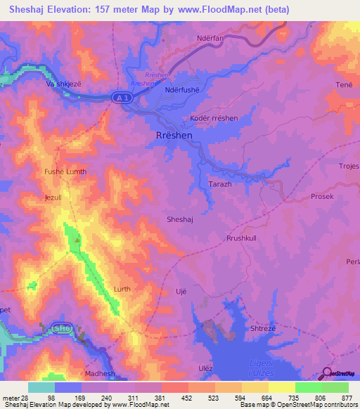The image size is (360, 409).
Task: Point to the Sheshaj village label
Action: (180, 219)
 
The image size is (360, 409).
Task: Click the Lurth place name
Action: (122, 289)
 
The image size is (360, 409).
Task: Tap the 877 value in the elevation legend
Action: (347, 398)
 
